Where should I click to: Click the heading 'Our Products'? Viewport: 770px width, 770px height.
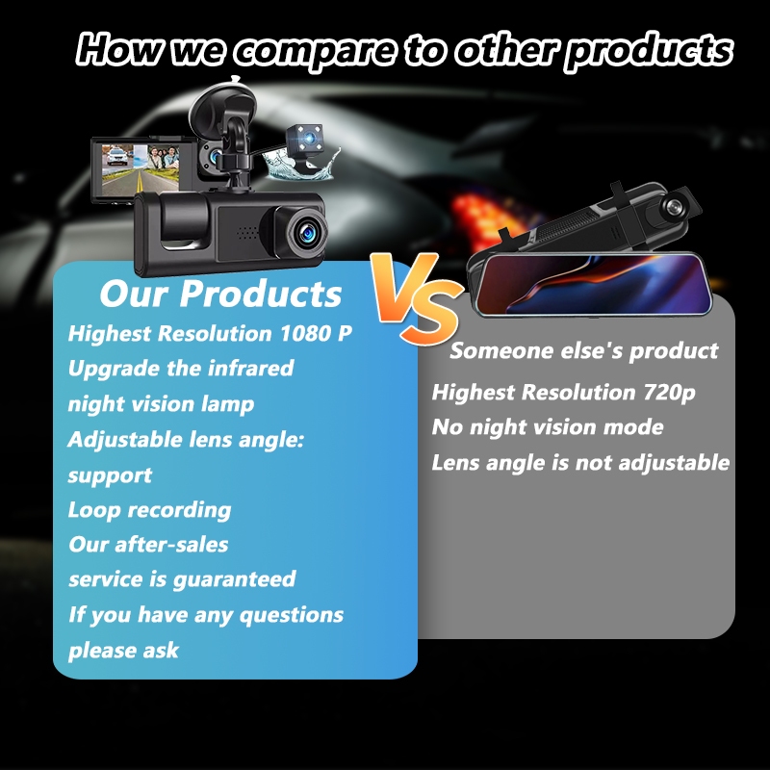[220, 294]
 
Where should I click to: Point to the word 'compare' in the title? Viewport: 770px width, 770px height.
[315, 50]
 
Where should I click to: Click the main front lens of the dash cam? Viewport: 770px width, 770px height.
[307, 232]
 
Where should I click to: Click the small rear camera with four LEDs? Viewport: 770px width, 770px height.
[305, 141]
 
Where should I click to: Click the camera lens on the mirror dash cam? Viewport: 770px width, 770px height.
[673, 206]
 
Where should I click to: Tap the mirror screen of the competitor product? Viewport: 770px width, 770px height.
[595, 284]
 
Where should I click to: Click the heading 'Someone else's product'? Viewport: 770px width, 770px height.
[584, 351]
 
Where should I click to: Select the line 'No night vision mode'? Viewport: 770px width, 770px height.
[548, 427]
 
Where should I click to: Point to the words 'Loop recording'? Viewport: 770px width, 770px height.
[149, 510]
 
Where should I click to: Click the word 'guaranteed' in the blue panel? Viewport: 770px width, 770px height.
[234, 580]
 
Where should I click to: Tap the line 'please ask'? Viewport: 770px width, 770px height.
[123, 651]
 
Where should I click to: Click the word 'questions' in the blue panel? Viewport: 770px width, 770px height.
[292, 616]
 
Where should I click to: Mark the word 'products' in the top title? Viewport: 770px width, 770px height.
[649, 50]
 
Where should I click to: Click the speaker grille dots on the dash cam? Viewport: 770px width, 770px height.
[247, 233]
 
